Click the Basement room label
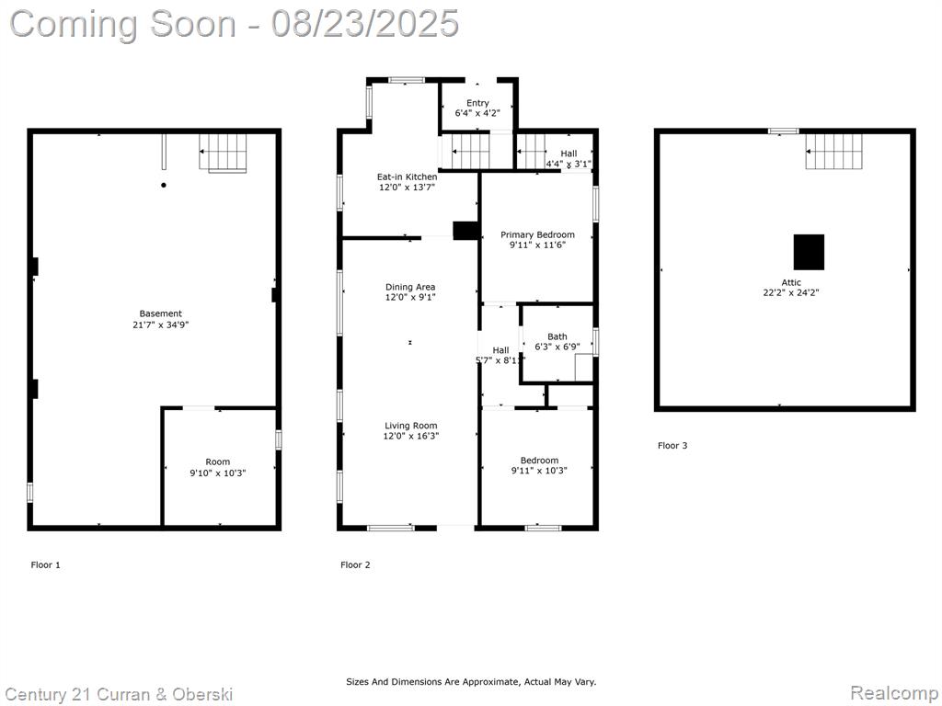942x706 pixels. (160, 313)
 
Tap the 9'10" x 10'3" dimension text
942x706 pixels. (218, 473)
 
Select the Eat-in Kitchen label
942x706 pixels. (408, 177)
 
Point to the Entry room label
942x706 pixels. (477, 103)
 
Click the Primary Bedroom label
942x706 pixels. (537, 234)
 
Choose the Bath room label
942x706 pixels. (557, 336)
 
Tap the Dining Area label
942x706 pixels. (410, 287)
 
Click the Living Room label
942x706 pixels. (411, 426)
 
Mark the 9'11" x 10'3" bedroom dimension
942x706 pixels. (539, 471)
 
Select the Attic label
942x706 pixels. (791, 283)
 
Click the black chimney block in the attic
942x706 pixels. (809, 252)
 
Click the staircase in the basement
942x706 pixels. (223, 154)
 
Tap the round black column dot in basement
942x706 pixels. (164, 185)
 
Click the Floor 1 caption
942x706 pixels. (46, 565)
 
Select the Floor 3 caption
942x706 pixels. (672, 446)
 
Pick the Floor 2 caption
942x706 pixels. (355, 565)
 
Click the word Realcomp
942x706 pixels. (892, 692)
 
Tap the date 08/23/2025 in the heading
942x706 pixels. (364, 24)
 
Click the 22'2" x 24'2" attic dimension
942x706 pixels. (791, 293)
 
